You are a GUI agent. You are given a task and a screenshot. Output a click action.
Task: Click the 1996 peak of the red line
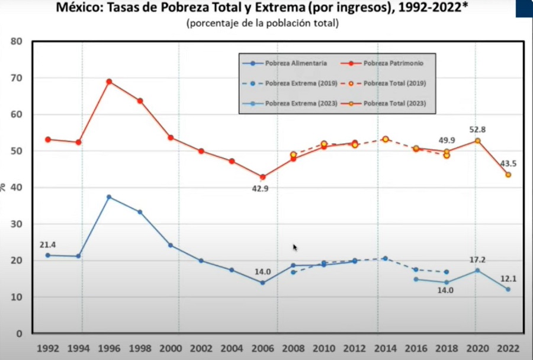point(109,82)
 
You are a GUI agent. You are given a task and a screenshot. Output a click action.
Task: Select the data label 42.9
point(262,188)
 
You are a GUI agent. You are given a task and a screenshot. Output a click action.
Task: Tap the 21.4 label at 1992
point(47,245)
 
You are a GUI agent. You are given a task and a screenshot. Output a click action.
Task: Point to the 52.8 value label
point(477,130)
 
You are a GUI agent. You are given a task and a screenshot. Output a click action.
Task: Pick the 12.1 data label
point(508,278)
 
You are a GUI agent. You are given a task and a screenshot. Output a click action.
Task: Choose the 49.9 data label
point(447,140)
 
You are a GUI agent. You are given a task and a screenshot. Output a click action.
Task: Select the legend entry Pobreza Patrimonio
point(391,62)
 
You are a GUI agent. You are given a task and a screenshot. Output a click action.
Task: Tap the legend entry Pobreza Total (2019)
point(394,83)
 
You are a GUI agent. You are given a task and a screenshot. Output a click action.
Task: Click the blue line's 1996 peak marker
point(109,197)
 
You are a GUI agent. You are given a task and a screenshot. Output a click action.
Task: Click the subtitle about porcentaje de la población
point(262,24)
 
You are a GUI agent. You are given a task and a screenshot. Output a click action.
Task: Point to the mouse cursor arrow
point(295,247)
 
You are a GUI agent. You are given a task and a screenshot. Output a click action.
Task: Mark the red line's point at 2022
point(508,175)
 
